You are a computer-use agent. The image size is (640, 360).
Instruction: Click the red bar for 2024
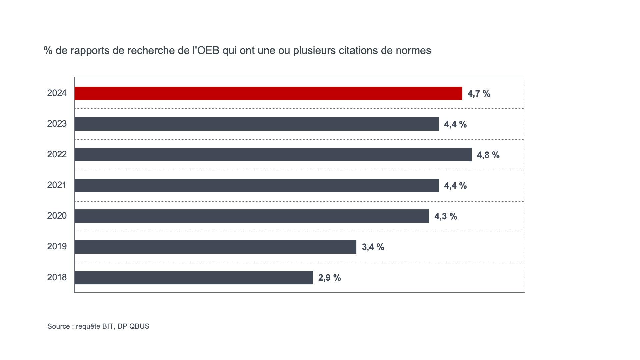click(268, 93)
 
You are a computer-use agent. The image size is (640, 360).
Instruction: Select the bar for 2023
click(257, 124)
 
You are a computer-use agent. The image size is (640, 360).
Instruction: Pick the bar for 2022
click(273, 155)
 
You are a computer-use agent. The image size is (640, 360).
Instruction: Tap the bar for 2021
click(257, 185)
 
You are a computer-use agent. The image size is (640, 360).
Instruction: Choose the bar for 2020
click(252, 216)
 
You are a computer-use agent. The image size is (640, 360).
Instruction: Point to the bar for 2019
click(215, 247)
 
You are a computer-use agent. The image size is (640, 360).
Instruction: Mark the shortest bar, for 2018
click(194, 277)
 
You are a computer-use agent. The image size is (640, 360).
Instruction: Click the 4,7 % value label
click(479, 94)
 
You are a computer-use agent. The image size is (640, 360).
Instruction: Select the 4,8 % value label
click(488, 155)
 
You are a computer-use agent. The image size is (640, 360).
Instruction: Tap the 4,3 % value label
click(445, 216)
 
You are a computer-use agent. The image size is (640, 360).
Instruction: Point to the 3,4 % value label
click(373, 247)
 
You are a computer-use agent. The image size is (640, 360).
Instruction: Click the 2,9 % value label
click(329, 278)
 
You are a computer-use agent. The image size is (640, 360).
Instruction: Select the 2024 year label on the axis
click(57, 93)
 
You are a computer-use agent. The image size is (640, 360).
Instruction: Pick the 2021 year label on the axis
click(57, 185)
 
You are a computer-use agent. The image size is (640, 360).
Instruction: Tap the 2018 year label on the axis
click(57, 277)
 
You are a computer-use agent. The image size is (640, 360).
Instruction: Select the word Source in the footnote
click(58, 326)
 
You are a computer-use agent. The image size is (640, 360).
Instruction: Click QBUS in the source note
click(139, 326)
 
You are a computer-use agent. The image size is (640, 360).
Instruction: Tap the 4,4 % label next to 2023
click(455, 124)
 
